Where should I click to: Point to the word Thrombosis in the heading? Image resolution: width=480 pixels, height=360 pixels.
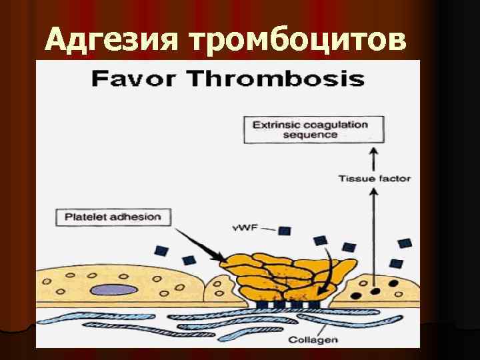pos(273,79)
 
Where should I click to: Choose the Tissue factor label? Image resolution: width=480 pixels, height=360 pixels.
pos(374,179)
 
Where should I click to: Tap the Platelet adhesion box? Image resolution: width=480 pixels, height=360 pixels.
pos(113,217)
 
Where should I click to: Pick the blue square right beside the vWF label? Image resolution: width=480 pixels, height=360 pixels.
pos(285,231)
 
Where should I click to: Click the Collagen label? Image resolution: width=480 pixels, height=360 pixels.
pos(313,339)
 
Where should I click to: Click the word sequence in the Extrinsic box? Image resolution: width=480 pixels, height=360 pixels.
pos(309,135)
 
